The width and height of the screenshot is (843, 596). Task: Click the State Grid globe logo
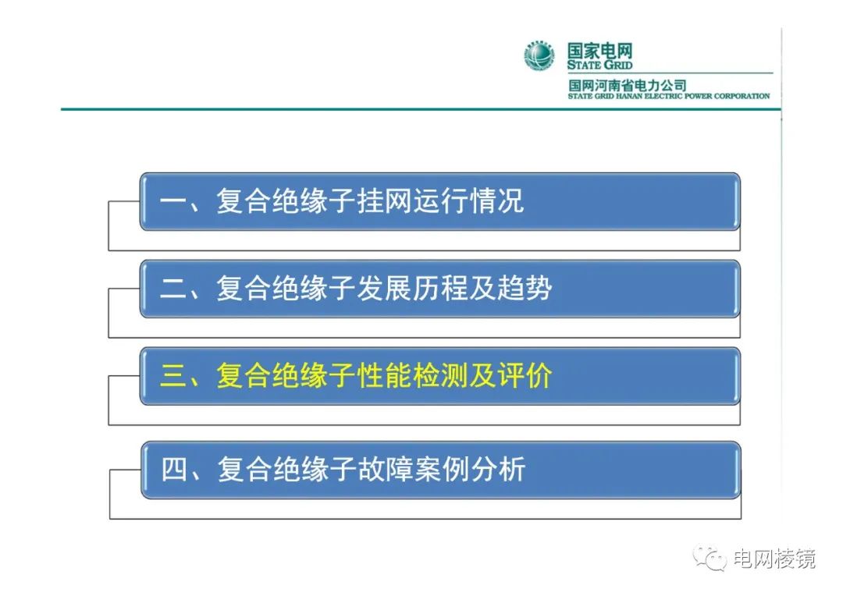point(539,56)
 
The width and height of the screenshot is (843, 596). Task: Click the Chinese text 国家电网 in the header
point(599,51)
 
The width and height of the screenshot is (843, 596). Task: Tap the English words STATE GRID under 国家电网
point(599,66)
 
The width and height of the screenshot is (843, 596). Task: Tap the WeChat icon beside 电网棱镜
point(712,558)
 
